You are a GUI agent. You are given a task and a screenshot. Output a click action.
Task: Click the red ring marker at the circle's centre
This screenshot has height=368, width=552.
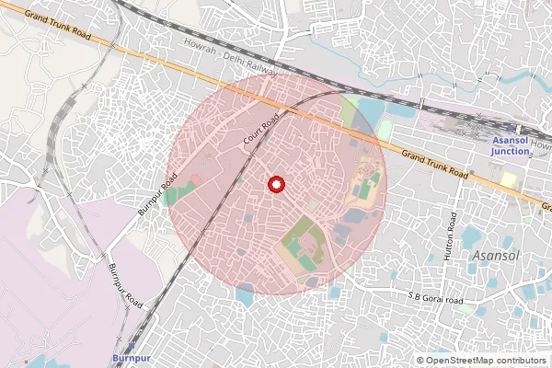point(275,185)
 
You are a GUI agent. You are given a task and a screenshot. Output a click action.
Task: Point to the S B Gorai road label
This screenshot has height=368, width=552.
point(435,297)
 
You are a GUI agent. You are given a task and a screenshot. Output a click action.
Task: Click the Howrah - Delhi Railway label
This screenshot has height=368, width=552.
point(227,57)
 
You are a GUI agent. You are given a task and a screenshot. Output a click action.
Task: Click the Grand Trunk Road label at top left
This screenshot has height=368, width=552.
point(59,20)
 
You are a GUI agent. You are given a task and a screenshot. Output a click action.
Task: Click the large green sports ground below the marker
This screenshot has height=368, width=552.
point(301,242)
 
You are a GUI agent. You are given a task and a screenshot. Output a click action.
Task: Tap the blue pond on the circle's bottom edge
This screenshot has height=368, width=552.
point(246,294)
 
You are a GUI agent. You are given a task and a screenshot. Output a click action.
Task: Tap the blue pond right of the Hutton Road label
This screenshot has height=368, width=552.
point(477,236)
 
